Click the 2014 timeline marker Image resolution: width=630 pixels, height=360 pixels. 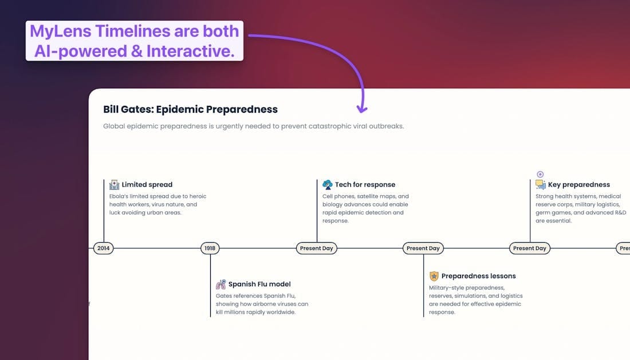[x=104, y=248]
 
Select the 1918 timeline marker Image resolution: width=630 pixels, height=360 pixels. [x=210, y=248]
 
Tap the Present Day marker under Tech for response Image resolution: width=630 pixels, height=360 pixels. [x=317, y=248]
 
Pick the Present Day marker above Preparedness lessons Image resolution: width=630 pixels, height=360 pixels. [x=423, y=248]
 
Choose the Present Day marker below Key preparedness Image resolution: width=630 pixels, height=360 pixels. [x=530, y=248]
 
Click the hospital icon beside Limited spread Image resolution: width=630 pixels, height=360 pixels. [x=115, y=185]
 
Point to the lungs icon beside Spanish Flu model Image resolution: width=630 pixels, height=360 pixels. [x=221, y=284]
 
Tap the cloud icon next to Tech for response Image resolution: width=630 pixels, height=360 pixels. [x=328, y=185]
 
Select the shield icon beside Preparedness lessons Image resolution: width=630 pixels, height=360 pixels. [x=434, y=276]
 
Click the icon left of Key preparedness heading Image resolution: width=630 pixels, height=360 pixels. [x=541, y=185]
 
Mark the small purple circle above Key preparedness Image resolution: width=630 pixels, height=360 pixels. [x=540, y=174]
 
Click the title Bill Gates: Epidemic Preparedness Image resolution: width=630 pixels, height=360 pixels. [x=190, y=109]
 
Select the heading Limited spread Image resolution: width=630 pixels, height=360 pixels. [x=147, y=185]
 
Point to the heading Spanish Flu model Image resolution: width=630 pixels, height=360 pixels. [x=259, y=284]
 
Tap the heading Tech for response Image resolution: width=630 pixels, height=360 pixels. [x=365, y=185]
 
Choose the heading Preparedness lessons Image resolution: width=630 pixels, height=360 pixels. [x=478, y=276]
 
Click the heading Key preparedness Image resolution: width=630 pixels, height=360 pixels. [x=579, y=185]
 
